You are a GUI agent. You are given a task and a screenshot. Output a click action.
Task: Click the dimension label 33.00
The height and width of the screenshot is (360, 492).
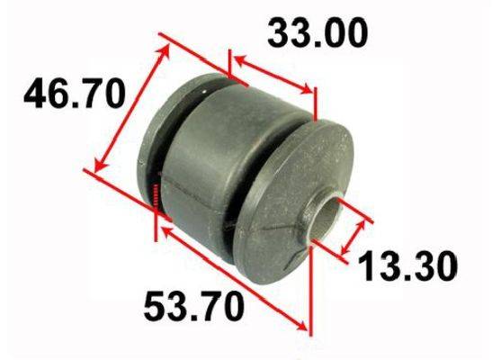click(x=318, y=33)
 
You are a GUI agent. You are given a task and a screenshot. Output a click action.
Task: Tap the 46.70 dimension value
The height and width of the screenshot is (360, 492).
click(x=75, y=93)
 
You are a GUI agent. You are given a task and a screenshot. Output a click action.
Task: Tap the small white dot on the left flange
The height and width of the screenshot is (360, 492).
click(x=203, y=92)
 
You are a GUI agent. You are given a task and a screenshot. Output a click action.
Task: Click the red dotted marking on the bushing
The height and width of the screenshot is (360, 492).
click(x=156, y=194)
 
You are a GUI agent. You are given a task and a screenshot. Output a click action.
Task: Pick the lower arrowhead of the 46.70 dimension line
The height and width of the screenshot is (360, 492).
click(x=99, y=165)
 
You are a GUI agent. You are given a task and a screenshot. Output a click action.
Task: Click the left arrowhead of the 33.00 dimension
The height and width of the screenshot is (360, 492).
click(x=240, y=59)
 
